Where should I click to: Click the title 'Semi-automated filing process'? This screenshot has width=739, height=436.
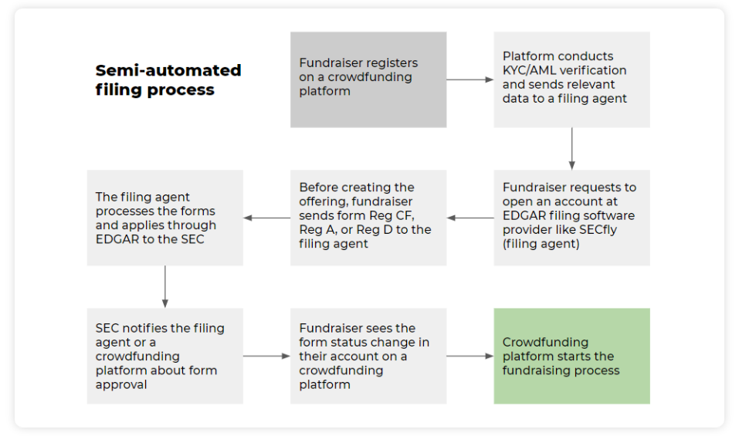point(168,80)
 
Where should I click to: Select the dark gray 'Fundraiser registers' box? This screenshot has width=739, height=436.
point(368,79)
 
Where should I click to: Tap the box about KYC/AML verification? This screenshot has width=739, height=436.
point(571,79)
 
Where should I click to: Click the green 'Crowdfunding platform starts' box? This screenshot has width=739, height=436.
point(571,356)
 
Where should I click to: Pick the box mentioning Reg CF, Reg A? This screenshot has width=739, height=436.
point(368,218)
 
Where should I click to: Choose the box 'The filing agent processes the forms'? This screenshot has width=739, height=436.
point(164,218)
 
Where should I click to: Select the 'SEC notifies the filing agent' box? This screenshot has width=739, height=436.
point(164,356)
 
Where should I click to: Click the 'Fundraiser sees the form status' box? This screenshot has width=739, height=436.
point(368,356)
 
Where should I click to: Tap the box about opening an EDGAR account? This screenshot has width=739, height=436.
point(571,218)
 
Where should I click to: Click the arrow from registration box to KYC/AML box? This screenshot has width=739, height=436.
point(470,79)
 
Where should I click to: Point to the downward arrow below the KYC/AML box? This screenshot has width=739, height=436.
point(571,148)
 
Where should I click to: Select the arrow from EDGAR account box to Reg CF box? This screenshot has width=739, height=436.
point(470,218)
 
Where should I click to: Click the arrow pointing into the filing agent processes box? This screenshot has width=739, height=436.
point(266,218)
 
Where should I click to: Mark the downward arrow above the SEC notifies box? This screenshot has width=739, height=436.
point(164,286)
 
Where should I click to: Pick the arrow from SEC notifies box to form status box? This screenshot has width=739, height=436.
point(266,356)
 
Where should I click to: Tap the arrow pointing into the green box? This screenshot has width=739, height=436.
point(470,356)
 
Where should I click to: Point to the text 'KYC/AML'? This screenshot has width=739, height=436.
point(530,70)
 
